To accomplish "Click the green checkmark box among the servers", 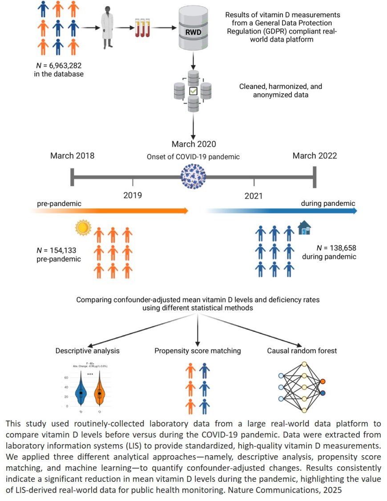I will [x=193, y=91].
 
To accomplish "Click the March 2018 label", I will [x=72, y=156].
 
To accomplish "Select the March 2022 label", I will [x=314, y=156].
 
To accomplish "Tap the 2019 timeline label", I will [x=133, y=195].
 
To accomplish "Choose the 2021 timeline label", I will [x=254, y=196].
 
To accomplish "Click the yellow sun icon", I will [x=83, y=228].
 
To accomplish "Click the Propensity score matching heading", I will [x=198, y=351].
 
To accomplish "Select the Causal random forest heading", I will [x=302, y=351].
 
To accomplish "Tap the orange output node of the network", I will [x=322, y=381].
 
